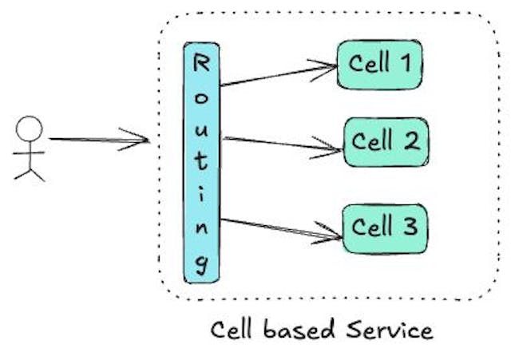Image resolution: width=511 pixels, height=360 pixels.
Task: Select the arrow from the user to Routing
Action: tap(100, 141)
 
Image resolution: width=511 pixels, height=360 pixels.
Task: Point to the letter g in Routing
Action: tap(203, 263)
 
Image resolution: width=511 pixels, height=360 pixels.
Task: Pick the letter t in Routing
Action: tap(203, 164)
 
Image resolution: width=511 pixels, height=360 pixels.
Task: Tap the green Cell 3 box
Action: tap(385, 227)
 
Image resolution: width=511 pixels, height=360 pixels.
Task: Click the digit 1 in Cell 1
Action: tap(406, 62)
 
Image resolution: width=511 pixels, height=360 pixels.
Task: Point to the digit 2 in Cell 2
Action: tap(410, 142)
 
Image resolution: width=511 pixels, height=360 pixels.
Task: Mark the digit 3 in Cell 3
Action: tap(409, 227)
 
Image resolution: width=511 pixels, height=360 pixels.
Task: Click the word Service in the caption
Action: tap(390, 329)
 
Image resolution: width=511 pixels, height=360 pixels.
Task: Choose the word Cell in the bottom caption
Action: tap(234, 329)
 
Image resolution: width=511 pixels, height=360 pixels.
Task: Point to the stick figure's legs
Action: tap(30, 171)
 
